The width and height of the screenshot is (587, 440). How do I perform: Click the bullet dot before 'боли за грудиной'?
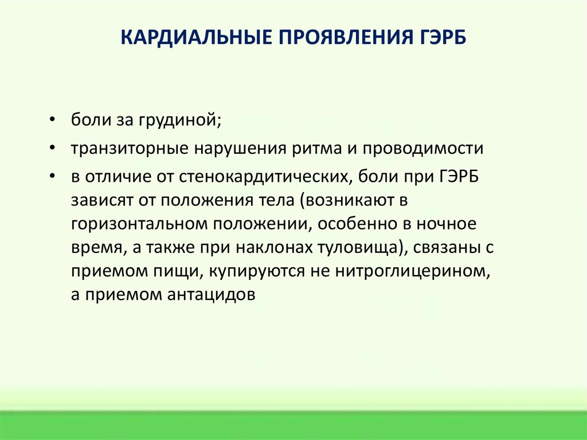coord(52,120)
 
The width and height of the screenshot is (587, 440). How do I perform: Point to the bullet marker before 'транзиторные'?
coord(52,148)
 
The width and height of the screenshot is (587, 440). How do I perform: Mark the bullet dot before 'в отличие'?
coord(52,176)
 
